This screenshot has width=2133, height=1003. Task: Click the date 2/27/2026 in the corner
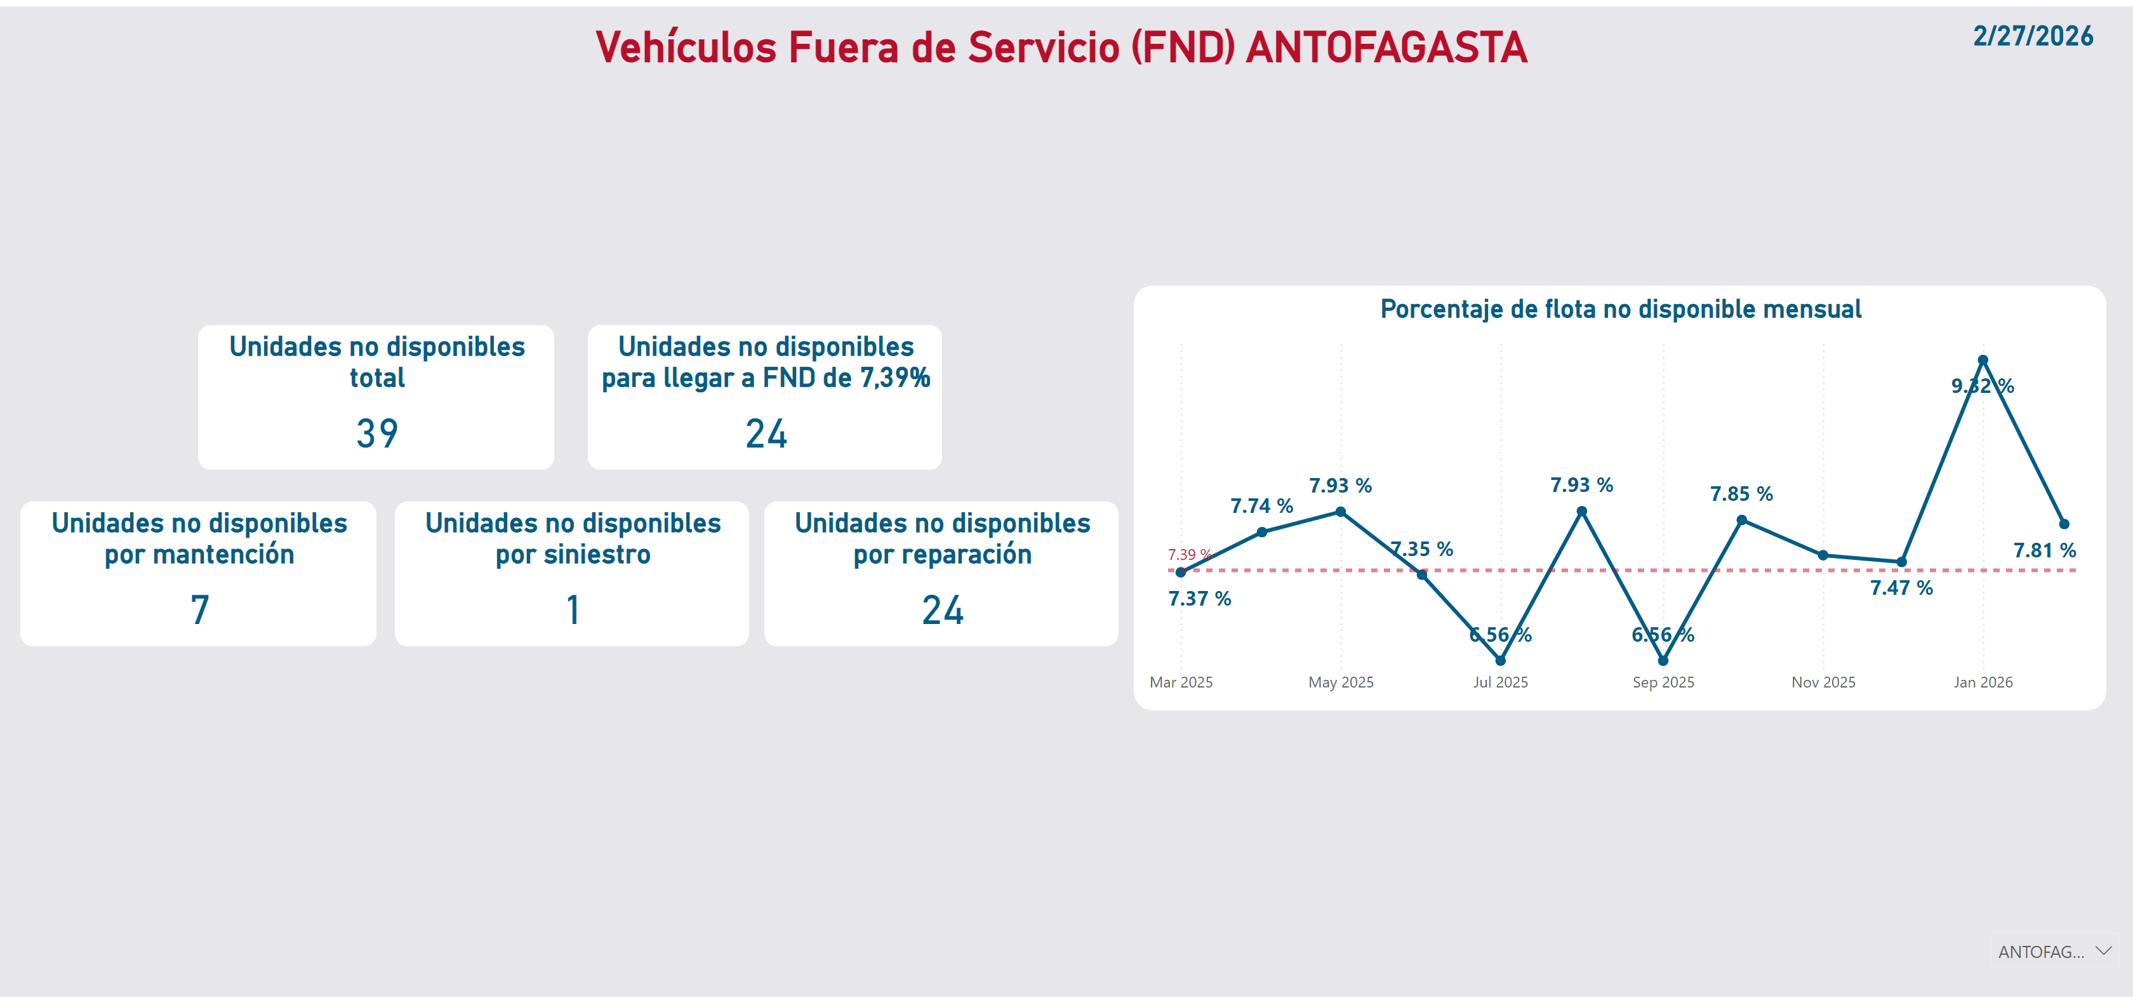point(2032,36)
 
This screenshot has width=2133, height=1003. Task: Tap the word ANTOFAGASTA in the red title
point(1386,47)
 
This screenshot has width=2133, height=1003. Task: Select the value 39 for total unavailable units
point(376,433)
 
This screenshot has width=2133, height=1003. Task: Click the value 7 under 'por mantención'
point(199,609)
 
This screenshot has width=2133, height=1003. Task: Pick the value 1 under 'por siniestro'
point(573,609)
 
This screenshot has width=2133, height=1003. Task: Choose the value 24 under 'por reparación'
point(942,609)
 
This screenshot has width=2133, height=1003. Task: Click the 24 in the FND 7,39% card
point(766,433)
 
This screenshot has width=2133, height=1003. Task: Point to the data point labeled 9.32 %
point(1983,361)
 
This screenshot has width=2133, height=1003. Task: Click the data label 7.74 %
point(1261,505)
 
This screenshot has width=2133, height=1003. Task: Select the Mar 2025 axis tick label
point(1181,682)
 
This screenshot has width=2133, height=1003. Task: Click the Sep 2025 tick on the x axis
point(1663,682)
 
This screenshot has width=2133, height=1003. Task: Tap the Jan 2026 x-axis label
point(1983,682)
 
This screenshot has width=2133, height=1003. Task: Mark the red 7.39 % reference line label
point(1189,554)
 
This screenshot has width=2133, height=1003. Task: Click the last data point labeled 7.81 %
point(2063,524)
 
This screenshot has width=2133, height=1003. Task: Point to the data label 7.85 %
point(1741,494)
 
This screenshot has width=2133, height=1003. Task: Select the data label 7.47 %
point(1901,587)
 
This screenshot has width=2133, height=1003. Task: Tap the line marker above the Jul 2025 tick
point(1500,660)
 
